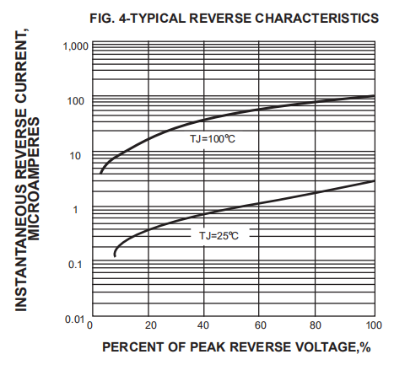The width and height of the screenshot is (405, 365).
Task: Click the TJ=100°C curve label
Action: coord(212,137)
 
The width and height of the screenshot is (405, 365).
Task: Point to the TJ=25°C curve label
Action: coord(219,237)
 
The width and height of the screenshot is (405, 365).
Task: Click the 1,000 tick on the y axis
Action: coord(73,46)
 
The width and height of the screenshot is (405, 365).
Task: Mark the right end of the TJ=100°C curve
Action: coord(374,96)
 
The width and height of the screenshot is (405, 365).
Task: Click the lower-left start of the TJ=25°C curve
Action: coord(115,255)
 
